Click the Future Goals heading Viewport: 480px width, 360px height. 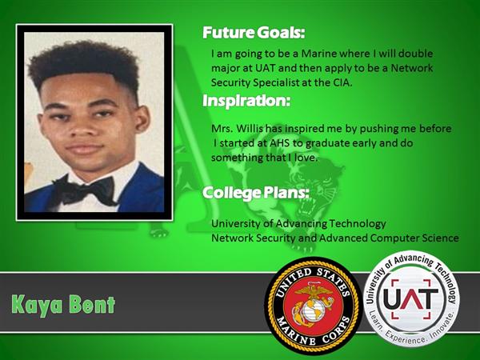point(254,33)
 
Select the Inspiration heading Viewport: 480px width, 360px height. point(246,101)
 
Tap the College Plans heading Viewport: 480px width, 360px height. point(256,193)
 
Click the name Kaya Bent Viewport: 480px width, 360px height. point(63,305)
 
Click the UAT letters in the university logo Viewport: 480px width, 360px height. point(410,298)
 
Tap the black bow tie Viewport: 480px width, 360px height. point(85,190)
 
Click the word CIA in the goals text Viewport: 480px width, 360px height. point(342,82)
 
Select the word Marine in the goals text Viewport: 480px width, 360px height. point(318,54)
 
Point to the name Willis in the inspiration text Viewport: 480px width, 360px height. point(250,128)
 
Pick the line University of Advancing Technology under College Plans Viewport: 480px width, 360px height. point(298,224)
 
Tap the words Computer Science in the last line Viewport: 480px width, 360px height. point(414,238)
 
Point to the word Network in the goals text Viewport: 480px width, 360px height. point(412,68)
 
